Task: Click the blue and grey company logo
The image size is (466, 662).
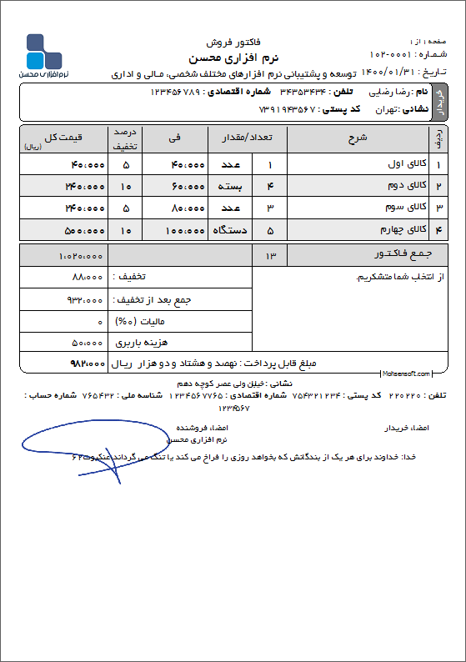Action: [x=43, y=52]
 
